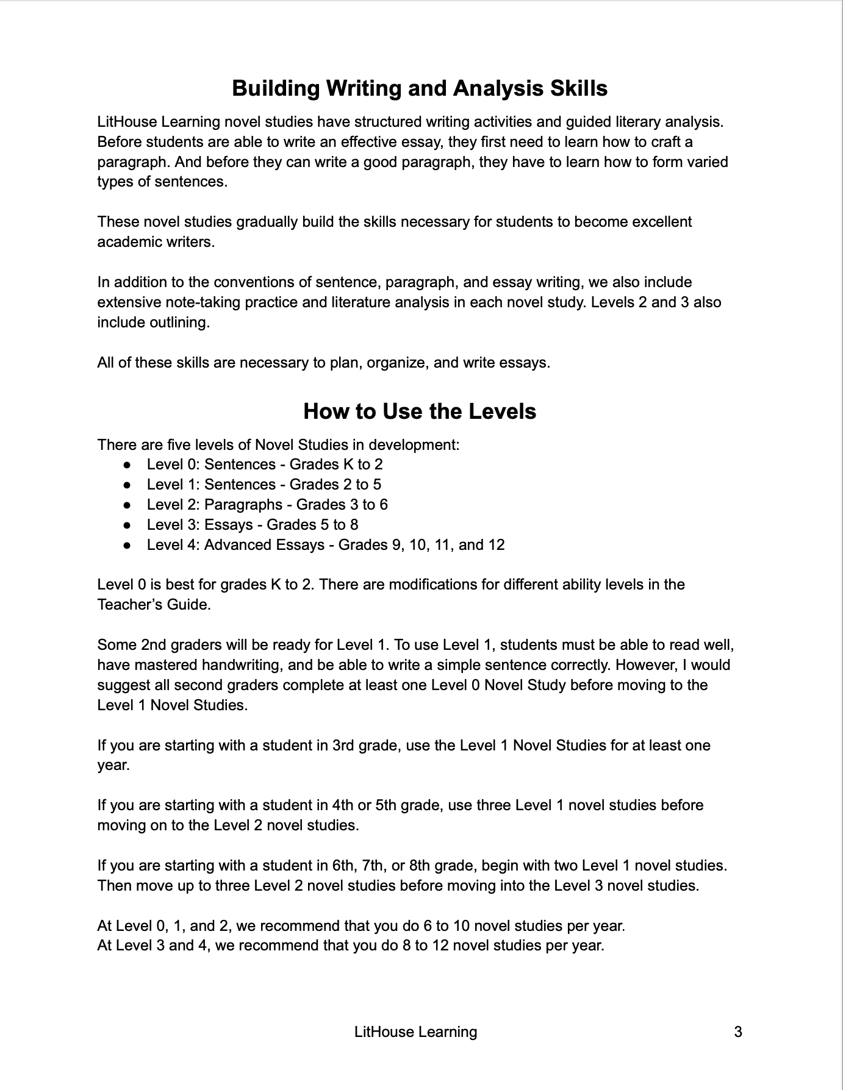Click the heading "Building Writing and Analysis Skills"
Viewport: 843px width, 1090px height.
click(420, 88)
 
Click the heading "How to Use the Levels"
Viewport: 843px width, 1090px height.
click(420, 411)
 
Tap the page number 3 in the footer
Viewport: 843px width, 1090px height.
click(738, 1031)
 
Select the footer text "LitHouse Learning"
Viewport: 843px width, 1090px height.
click(415, 1031)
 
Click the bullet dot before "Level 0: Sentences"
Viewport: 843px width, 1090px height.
click(127, 465)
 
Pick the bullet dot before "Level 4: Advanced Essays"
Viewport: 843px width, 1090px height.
click(127, 545)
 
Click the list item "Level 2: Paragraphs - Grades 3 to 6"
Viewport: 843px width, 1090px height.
click(267, 505)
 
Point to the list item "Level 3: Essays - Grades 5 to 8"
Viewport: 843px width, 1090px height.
click(252, 525)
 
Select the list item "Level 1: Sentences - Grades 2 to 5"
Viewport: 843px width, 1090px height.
click(264, 485)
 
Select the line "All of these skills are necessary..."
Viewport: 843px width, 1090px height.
click(323, 363)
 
